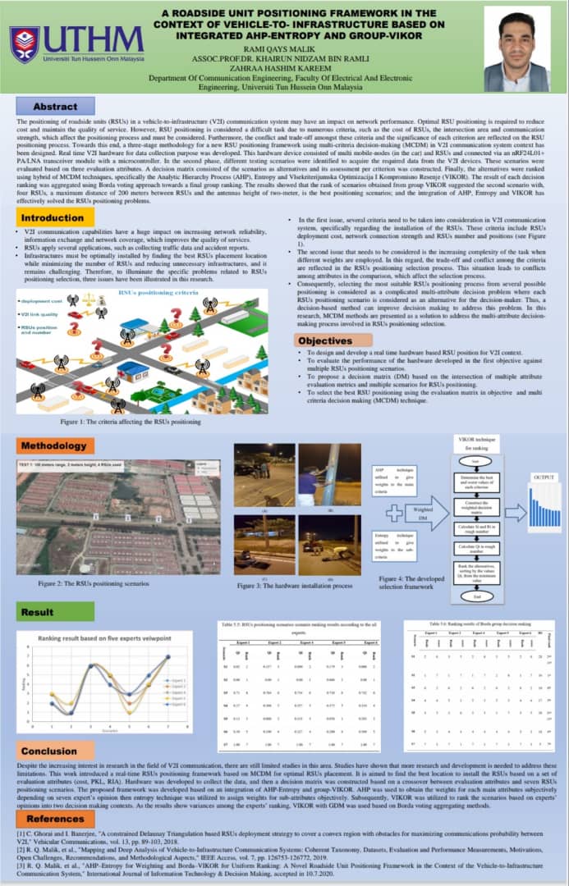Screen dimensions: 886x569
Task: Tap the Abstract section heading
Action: pos(56,107)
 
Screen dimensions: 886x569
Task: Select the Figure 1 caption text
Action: pos(131,422)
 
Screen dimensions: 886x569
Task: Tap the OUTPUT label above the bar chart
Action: pos(542,477)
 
